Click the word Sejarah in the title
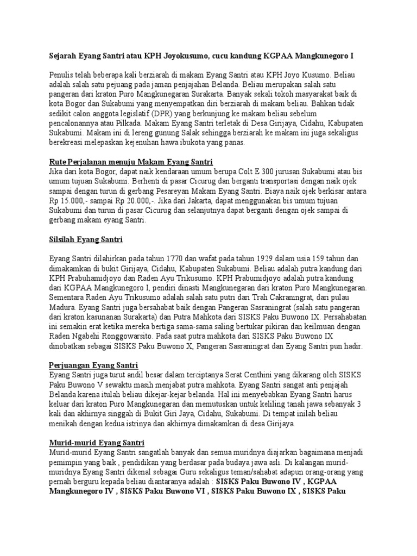64,56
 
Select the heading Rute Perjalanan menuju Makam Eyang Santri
131,162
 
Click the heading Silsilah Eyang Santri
86,238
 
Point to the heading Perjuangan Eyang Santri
93,364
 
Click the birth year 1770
189,258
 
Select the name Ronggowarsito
124,336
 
